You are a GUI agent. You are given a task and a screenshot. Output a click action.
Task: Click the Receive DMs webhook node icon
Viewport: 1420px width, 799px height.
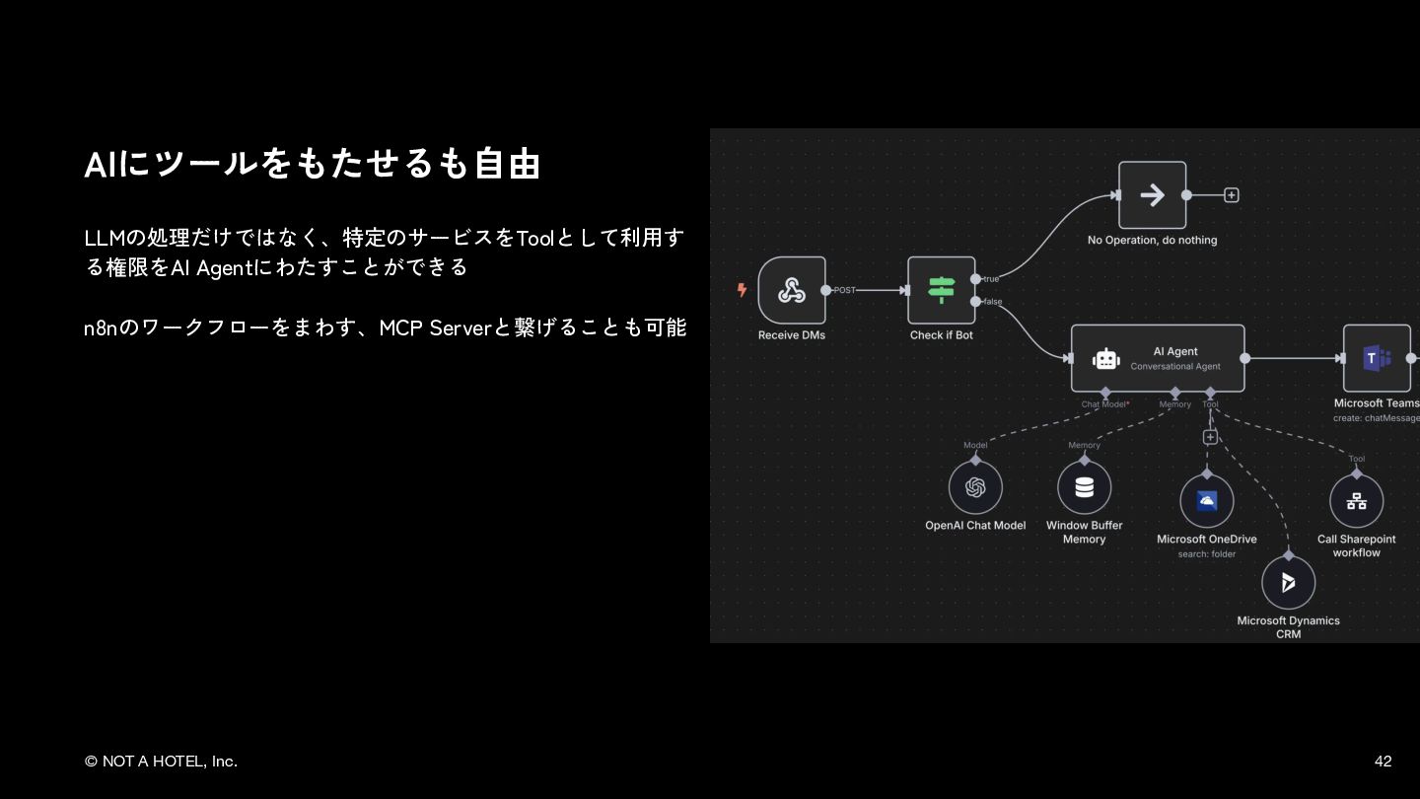(792, 290)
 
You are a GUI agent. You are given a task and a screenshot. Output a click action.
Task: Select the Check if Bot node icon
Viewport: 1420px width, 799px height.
(941, 290)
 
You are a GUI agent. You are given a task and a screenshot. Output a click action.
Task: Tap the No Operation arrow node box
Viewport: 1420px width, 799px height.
(1152, 195)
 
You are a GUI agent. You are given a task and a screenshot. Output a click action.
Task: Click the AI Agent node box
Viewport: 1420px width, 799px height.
(1158, 359)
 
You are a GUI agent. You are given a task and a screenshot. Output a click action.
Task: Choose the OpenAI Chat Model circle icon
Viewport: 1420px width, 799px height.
(975, 487)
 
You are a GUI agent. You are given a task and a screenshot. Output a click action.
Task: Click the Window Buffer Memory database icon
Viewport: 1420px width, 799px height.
(1084, 487)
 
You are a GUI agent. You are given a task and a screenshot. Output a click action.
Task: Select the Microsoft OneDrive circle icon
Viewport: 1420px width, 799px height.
(1206, 501)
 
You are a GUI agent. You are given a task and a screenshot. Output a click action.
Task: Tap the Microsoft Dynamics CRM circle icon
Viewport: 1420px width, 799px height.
(1288, 583)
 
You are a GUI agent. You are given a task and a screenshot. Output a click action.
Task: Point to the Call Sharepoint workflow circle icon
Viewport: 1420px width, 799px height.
(1356, 501)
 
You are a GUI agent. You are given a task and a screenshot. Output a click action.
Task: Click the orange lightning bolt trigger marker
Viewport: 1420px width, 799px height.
(742, 290)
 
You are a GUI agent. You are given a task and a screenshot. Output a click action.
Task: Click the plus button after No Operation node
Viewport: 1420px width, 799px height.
(1231, 195)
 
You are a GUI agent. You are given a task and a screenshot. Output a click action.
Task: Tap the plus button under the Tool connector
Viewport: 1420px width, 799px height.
(1210, 437)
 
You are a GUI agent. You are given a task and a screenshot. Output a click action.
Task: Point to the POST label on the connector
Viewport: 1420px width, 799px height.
(845, 290)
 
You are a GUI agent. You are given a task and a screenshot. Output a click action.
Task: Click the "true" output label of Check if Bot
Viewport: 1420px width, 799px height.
(991, 279)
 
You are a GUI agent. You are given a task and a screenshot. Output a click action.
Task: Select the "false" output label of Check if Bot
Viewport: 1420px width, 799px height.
(992, 302)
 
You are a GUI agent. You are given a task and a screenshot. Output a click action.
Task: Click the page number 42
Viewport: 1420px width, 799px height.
(1383, 762)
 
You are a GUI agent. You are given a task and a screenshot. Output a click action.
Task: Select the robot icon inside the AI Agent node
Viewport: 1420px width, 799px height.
(1105, 360)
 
